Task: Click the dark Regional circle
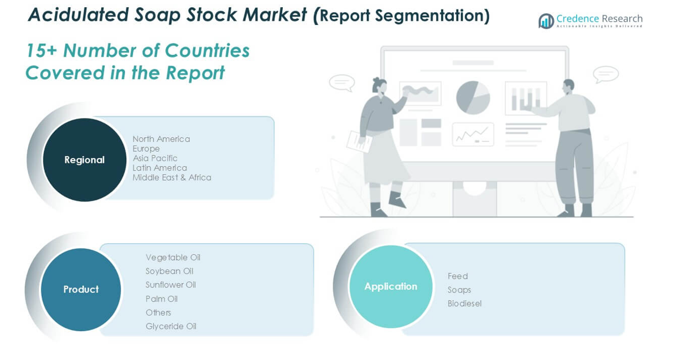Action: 85,160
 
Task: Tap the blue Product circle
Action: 81,290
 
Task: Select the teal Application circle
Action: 391,286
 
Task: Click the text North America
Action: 161,139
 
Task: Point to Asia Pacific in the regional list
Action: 155,158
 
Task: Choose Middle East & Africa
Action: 172,177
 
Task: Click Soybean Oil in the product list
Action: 169,271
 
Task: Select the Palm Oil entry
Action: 162,299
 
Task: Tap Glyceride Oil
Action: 171,326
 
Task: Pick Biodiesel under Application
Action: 464,304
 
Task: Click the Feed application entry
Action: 458,276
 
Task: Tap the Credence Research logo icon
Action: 546,21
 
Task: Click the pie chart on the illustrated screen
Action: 473,98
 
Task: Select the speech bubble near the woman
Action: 342,83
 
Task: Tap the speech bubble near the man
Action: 605,74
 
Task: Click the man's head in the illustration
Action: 568,86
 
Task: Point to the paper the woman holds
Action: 359,141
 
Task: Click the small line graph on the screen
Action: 473,135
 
